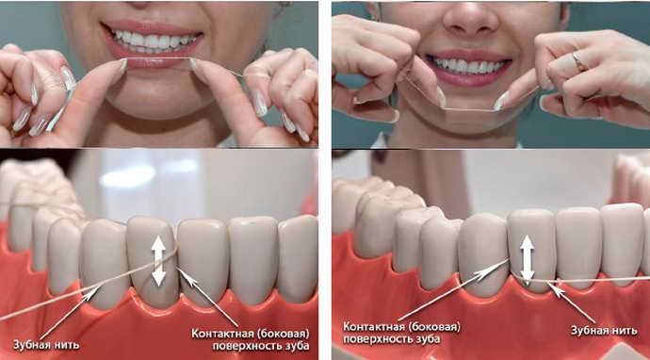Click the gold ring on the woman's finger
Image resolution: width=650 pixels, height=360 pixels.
coord(578,61)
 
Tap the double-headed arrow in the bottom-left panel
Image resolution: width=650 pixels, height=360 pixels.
coord(159,261)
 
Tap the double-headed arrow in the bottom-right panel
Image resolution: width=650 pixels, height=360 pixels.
coord(527,259)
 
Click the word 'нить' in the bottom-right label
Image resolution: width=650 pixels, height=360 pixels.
coord(623,330)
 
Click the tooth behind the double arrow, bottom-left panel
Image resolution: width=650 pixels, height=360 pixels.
coord(153,261)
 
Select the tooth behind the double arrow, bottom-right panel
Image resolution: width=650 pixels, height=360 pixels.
coord(532,250)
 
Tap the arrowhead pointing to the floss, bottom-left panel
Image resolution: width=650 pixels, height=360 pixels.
coord(93,291)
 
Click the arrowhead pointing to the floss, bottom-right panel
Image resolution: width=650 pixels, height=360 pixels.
coord(556,288)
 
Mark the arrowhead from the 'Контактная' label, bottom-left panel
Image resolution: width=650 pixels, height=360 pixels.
coord(184,275)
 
